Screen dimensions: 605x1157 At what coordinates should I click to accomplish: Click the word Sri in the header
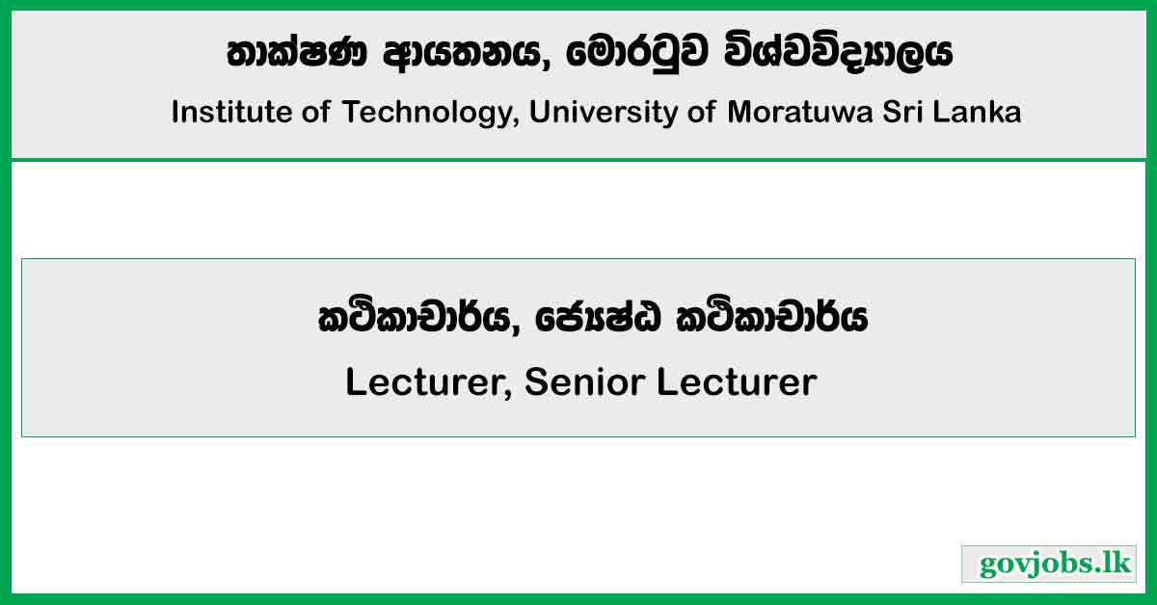coord(913,113)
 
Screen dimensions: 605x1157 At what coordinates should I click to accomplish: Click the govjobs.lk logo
coord(1049,564)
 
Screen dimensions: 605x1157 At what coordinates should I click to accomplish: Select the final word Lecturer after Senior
coord(737,383)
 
